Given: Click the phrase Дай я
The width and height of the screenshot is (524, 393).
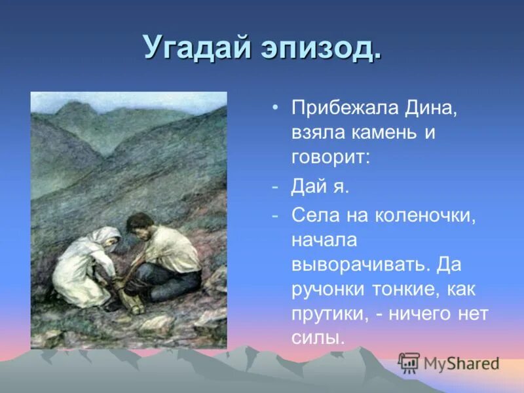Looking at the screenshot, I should [321, 187].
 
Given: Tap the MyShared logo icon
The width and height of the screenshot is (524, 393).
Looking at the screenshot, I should [409, 363].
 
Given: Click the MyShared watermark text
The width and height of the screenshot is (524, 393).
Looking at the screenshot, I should [461, 364].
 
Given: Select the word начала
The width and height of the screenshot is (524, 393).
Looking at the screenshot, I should [325, 240].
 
